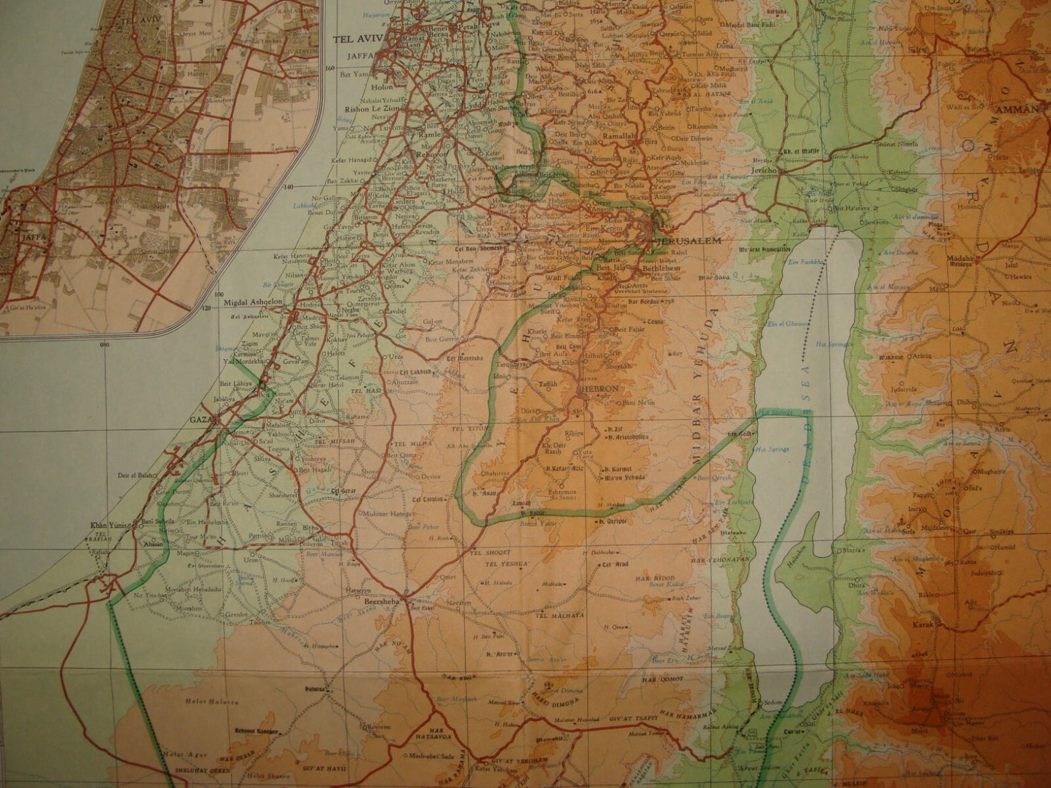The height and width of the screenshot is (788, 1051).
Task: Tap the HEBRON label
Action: pyautogui.click(x=599, y=390)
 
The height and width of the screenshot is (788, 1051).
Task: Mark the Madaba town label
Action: pyautogui.click(x=959, y=258)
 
